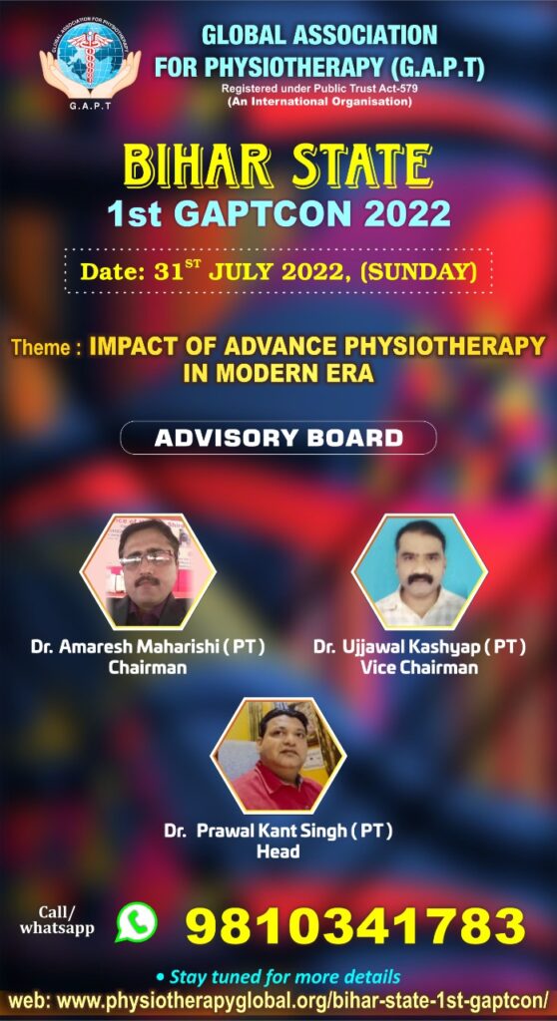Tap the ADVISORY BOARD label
tap(278, 438)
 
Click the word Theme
tap(43, 348)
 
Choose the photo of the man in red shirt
tap(278, 756)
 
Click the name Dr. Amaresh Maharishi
tap(140, 648)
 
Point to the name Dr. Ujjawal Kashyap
tap(410, 648)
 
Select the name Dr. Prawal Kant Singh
tap(269, 833)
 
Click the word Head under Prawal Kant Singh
tap(278, 851)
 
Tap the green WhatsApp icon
tap(137, 922)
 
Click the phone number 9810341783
tap(355, 925)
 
